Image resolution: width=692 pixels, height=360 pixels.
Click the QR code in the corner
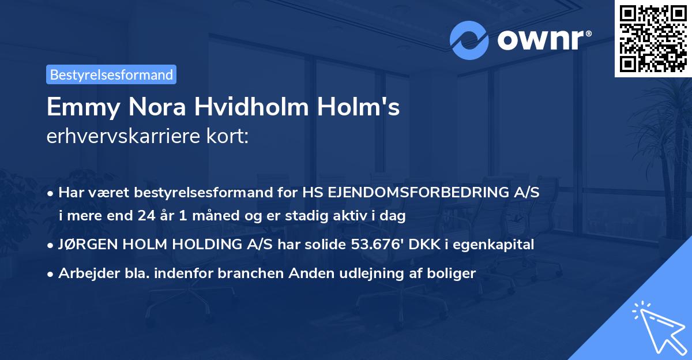coord(653,38)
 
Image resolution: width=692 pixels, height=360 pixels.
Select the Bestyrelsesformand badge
coord(111,74)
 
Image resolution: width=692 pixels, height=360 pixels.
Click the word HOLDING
coord(193,245)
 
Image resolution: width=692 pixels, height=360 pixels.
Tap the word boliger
coord(453,273)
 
